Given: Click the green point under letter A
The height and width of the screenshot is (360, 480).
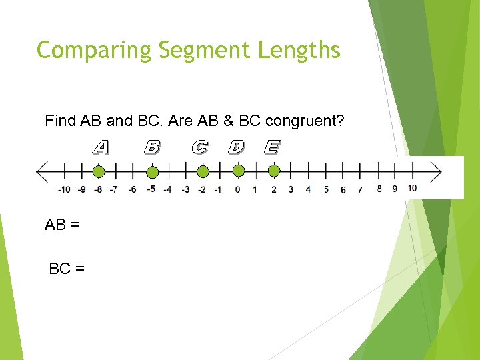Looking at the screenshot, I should click(x=99, y=173).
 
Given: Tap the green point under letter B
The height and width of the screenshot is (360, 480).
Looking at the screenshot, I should click(x=152, y=173).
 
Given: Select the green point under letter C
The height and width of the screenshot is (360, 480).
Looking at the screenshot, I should click(x=203, y=173).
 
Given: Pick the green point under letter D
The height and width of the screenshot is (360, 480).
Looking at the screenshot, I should click(x=239, y=172).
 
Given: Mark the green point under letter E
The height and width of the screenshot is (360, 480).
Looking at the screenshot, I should click(x=273, y=172).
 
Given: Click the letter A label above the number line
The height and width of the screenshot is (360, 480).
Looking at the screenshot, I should click(x=101, y=147).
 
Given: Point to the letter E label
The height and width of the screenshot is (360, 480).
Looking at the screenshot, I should click(x=271, y=147).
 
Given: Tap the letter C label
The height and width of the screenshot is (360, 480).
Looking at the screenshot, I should click(x=199, y=147).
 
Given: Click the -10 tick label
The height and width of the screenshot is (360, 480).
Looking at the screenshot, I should click(x=64, y=189).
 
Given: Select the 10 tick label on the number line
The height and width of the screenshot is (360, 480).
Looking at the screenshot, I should click(x=412, y=188).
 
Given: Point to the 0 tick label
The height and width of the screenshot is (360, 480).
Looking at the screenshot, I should click(x=237, y=189).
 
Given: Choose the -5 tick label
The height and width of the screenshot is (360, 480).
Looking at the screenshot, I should click(x=151, y=189).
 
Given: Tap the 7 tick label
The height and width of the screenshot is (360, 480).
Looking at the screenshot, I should click(x=360, y=189).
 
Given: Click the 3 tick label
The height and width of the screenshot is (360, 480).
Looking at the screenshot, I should click(x=291, y=189).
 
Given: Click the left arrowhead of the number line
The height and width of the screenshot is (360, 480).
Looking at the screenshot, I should click(x=41, y=172).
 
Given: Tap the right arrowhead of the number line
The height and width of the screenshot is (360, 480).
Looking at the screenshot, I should click(x=437, y=172).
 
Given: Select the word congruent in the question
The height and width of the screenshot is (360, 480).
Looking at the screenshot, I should click(x=304, y=121).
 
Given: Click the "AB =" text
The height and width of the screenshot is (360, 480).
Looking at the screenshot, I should click(x=63, y=225).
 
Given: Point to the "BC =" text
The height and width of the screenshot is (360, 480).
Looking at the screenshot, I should click(x=67, y=269).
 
